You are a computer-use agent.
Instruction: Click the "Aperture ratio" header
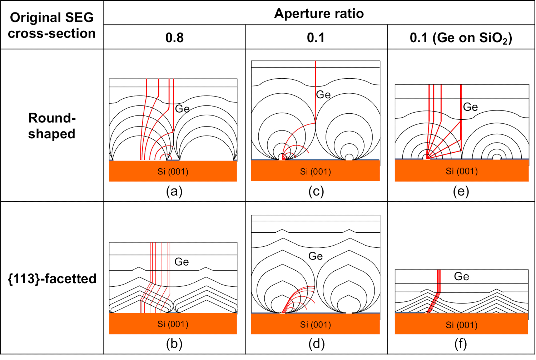pos(319,14)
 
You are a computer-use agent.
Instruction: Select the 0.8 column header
pos(174,38)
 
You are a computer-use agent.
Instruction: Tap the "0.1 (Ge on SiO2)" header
pos(461,38)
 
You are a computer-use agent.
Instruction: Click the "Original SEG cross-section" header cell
pos(52,25)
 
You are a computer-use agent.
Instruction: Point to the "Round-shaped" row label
pos(52,126)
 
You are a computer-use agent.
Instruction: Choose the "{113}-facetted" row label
pos(52,278)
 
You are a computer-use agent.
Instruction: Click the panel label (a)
pos(174,192)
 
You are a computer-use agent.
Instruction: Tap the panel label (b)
pos(174,344)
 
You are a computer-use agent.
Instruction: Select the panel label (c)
pos(316,192)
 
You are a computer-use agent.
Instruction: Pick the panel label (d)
pos(316,344)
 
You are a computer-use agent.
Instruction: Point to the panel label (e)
pos(461,192)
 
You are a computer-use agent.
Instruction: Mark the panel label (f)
pos(461,344)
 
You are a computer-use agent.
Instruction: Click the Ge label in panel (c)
pos(323,95)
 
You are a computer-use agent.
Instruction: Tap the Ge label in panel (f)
pos(461,276)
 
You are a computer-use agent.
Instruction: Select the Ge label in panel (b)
pos(182,262)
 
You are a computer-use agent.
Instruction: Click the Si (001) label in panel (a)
pos(173,172)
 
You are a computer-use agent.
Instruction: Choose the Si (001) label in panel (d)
pos(315,325)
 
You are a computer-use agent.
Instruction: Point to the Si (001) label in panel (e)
pos(462,171)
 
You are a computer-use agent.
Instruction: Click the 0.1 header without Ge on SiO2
pos(316,38)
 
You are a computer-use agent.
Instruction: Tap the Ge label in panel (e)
pos(470,107)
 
